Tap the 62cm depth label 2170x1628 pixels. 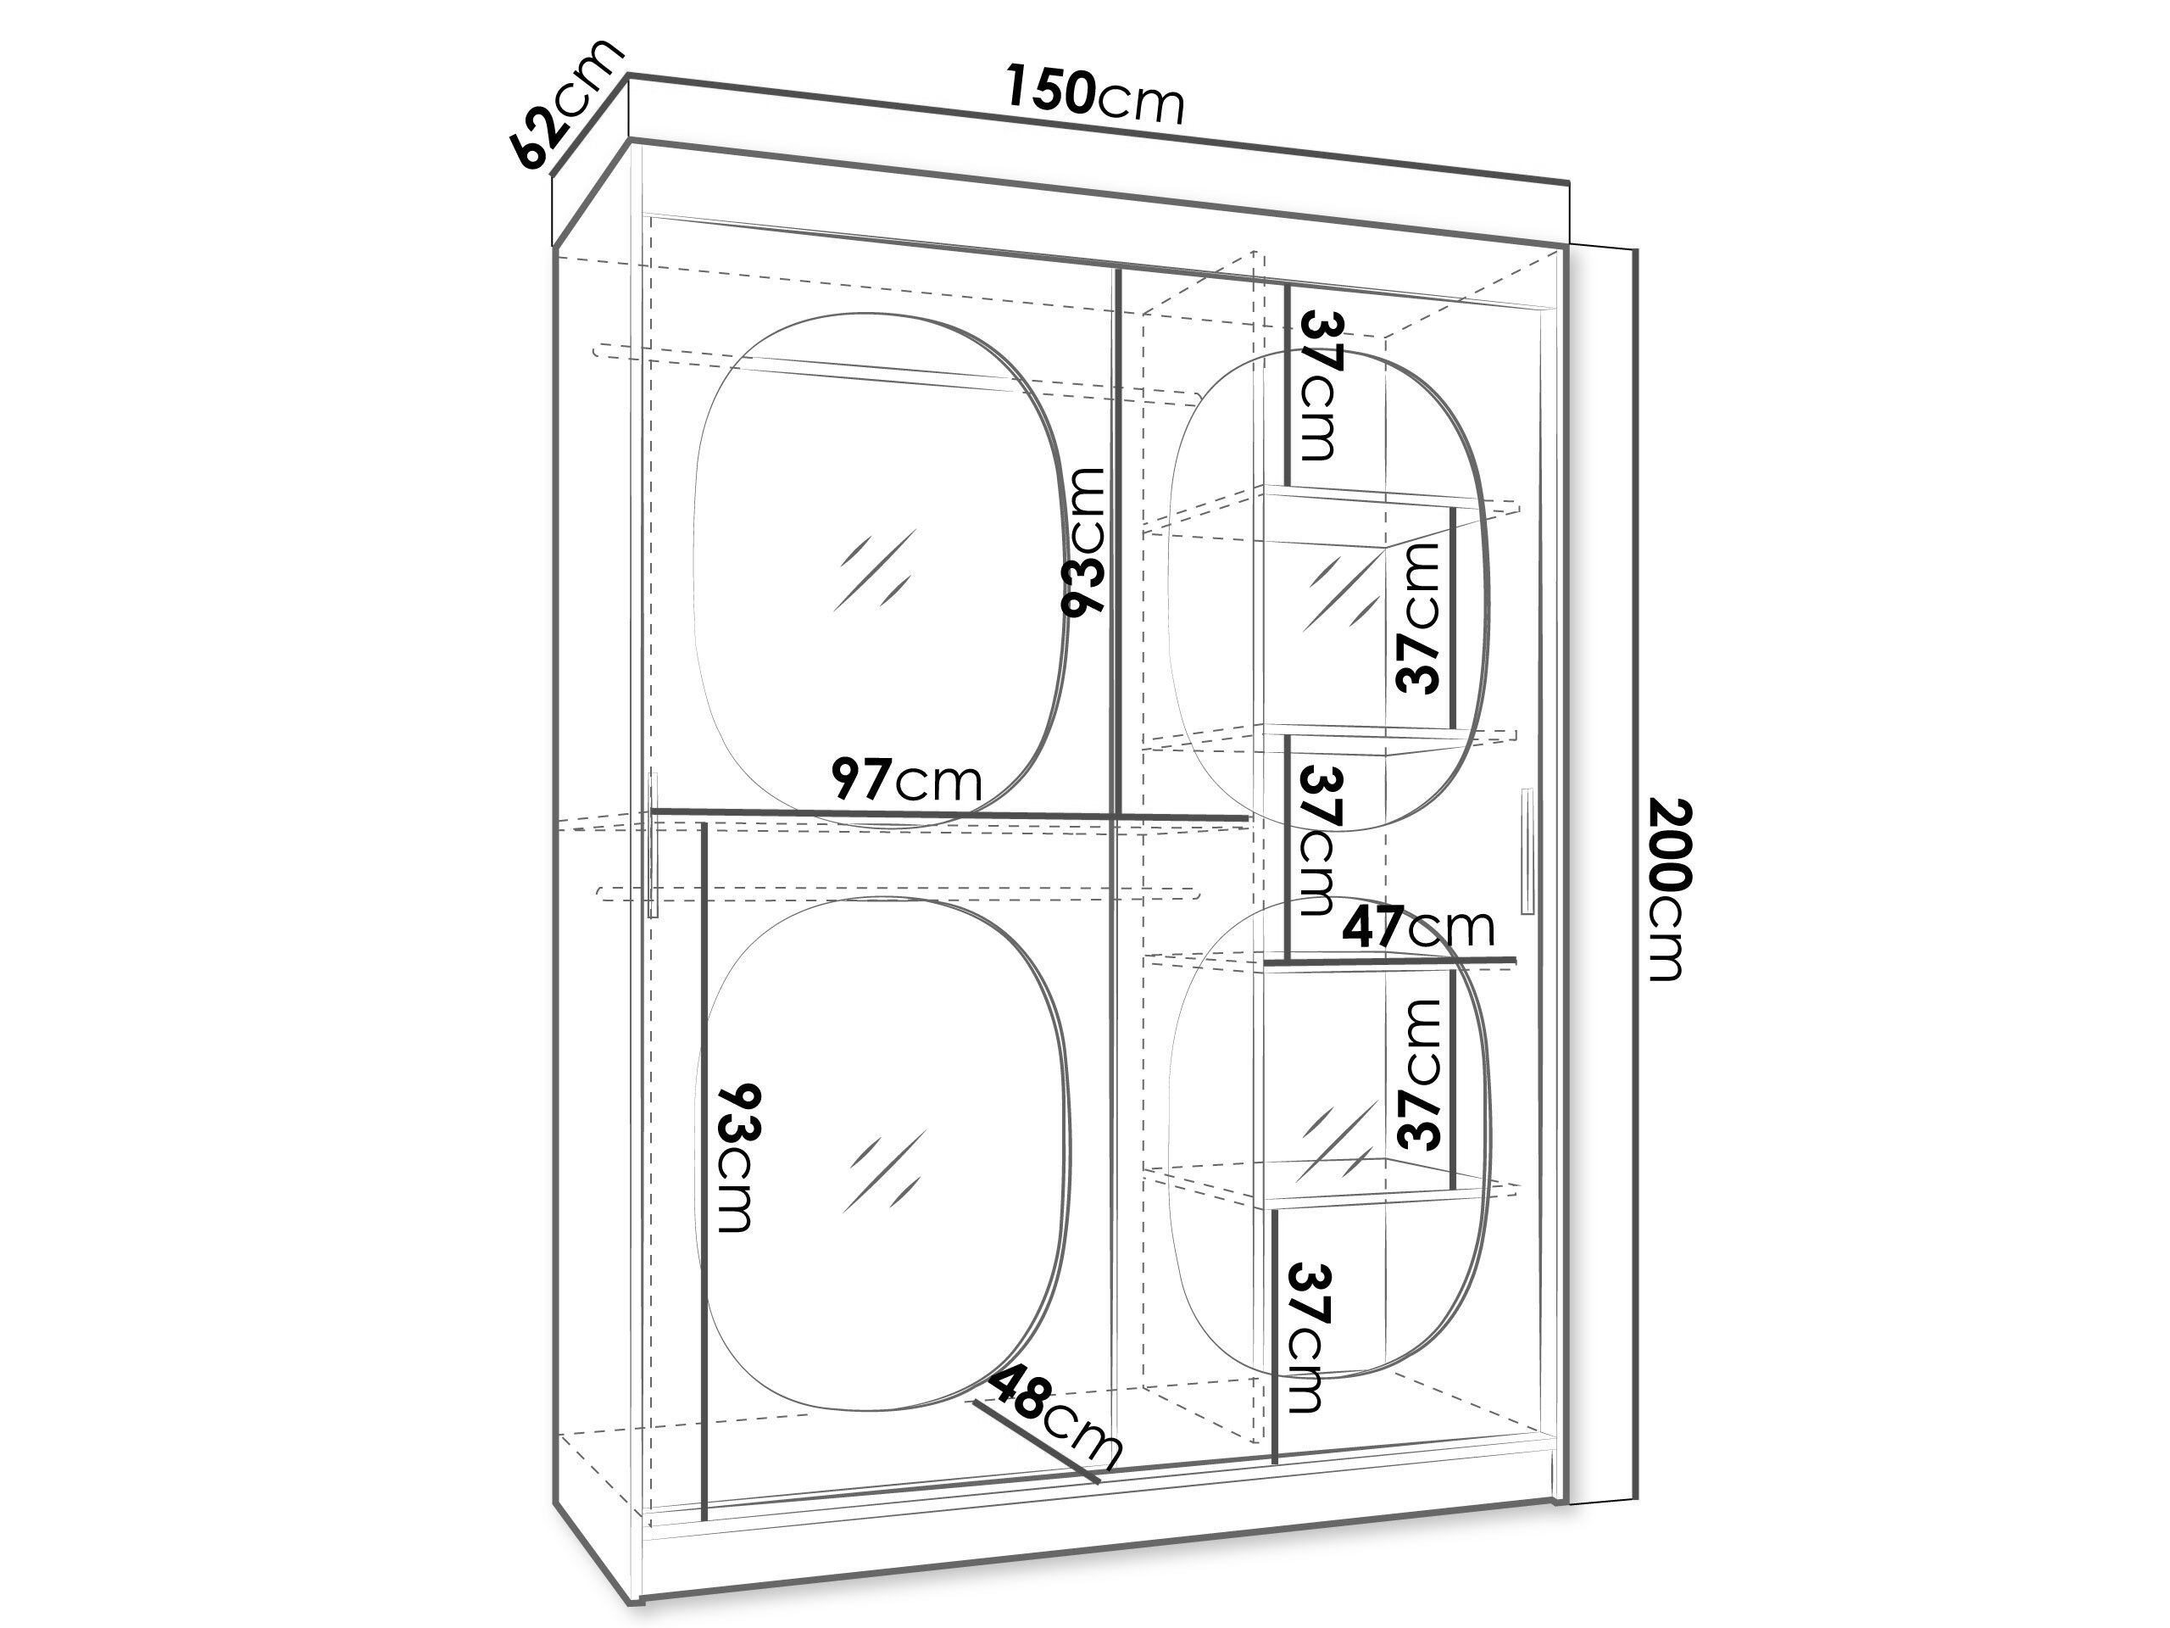pos(566,105)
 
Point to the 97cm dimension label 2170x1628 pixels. pos(905,781)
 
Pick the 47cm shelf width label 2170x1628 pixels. pos(1417,928)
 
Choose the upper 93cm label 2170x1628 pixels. pos(1085,542)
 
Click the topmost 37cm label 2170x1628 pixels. pos(1320,386)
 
